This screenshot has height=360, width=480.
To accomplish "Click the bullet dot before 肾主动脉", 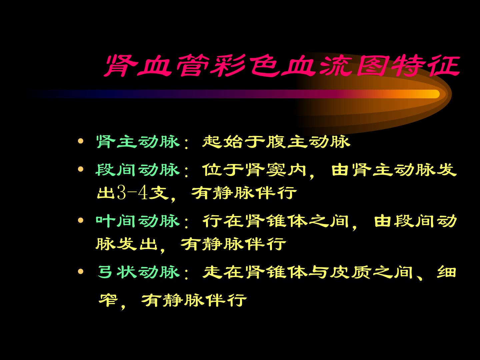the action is click(x=81, y=141).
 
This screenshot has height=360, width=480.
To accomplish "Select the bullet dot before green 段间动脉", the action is click(x=81, y=169).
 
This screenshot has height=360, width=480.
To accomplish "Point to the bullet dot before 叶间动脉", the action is click(x=81, y=220).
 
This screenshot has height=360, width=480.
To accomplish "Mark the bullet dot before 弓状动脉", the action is click(x=81, y=271).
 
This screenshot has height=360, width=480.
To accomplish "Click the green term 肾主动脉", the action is click(x=138, y=142).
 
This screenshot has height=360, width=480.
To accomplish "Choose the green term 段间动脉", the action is click(x=138, y=170).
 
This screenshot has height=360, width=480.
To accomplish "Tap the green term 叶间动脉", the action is click(x=138, y=221).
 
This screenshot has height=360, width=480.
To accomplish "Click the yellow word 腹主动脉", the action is click(x=308, y=142).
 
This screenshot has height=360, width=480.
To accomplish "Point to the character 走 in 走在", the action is click(x=212, y=272).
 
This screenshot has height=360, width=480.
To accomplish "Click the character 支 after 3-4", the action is click(x=159, y=193).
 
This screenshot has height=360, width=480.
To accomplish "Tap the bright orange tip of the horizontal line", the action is click(x=435, y=94).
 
